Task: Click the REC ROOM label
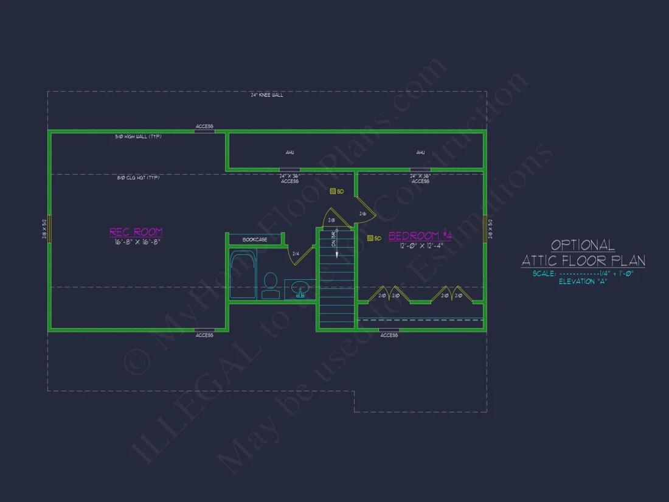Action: tap(136, 232)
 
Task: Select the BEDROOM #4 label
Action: tap(420, 236)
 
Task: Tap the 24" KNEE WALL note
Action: tap(267, 95)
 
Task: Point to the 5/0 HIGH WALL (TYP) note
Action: tap(138, 136)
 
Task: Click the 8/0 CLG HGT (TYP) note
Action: tap(138, 178)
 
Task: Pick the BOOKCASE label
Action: tap(255, 240)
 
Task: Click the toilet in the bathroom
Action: tap(269, 285)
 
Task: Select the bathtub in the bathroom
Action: tap(243, 275)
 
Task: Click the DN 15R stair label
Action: tap(334, 239)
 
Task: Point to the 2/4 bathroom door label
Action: tap(296, 254)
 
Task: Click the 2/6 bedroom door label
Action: tap(362, 214)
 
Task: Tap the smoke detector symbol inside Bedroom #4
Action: tap(369, 238)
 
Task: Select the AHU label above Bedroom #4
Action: tap(420, 153)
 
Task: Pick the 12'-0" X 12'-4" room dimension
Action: tap(420, 246)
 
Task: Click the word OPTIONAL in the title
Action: tap(583, 245)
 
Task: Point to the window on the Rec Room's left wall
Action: tap(49, 229)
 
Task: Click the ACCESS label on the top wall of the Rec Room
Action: tap(204, 127)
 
